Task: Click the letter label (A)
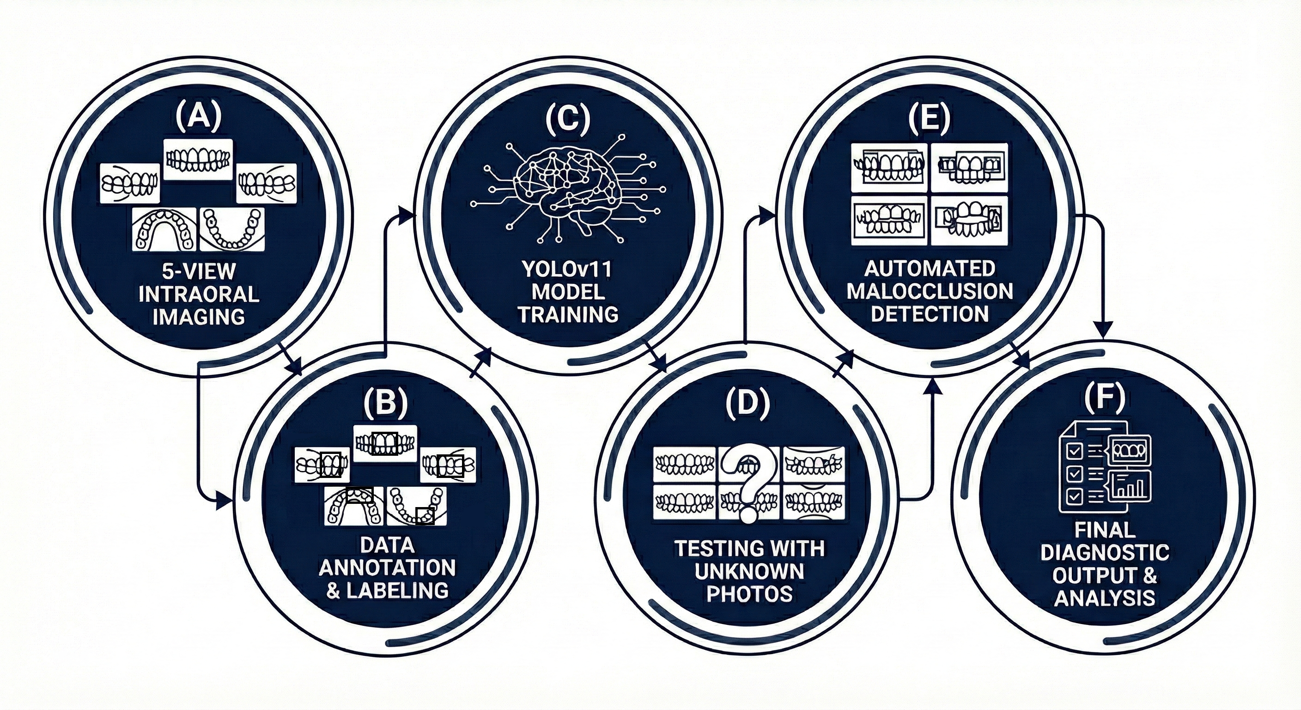click(x=199, y=117)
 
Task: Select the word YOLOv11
click(x=567, y=269)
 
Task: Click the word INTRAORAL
click(x=199, y=294)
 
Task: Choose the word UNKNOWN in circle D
click(x=749, y=571)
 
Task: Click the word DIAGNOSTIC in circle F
click(x=1105, y=552)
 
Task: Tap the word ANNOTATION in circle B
click(x=387, y=568)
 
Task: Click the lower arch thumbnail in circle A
click(x=232, y=229)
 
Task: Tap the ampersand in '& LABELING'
click(x=333, y=591)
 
